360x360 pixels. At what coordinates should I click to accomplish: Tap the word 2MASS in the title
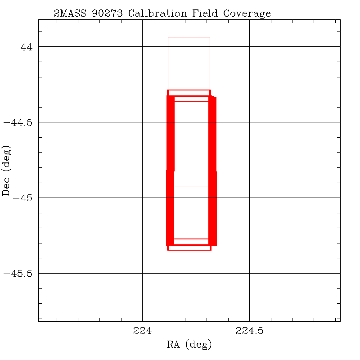68,13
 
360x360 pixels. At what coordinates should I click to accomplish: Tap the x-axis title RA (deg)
189,345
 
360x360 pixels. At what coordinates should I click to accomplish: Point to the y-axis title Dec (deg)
6,170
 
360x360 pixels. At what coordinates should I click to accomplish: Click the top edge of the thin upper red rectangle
189,37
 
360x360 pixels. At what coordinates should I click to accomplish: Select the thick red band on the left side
170,171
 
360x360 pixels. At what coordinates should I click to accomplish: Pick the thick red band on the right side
212,171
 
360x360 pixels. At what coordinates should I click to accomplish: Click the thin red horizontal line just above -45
191,186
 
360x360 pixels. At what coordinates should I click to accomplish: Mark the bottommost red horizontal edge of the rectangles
189,250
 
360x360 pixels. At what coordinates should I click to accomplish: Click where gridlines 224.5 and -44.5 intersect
249,122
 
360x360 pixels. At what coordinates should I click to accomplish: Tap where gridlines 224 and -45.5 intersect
142,273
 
